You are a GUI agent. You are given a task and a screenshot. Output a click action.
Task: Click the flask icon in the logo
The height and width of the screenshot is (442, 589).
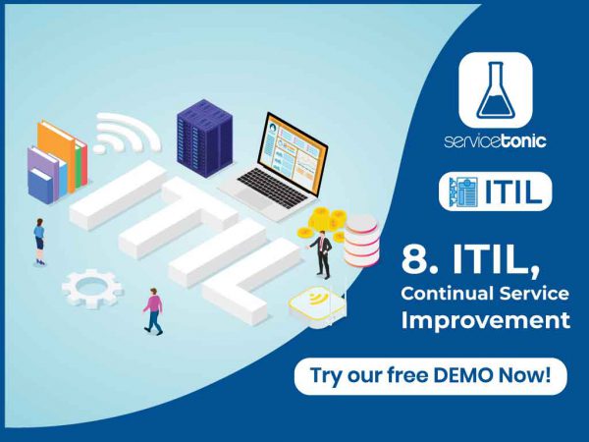click(495, 89)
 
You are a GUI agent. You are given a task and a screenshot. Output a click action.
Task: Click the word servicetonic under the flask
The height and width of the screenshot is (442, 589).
click(495, 140)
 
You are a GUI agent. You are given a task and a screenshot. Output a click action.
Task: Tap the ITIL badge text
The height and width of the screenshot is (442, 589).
click(515, 193)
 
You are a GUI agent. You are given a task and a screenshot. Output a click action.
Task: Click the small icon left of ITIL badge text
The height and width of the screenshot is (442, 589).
click(462, 193)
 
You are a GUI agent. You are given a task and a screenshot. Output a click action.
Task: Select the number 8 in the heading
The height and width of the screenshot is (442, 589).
click(413, 261)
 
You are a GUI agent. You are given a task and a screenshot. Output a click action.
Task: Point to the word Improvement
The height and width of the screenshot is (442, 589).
click(485, 320)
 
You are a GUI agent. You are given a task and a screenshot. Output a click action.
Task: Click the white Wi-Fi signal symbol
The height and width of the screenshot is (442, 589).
click(128, 133)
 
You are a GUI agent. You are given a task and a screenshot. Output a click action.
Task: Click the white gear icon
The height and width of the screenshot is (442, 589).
click(91, 288)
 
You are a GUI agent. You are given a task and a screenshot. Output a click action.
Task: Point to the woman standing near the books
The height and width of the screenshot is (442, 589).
click(38, 240)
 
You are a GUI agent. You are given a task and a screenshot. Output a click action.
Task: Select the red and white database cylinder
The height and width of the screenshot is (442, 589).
click(362, 240)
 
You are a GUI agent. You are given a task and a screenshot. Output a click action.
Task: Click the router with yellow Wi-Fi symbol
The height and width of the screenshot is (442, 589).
click(317, 306)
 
